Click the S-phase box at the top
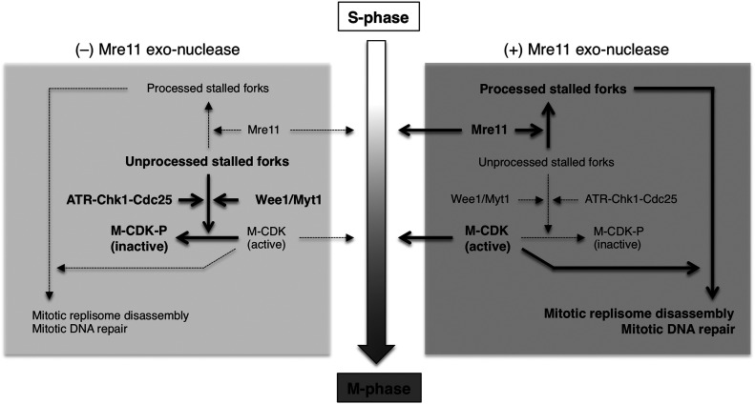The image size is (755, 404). pos(377,17)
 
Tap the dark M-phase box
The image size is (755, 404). pos(376,387)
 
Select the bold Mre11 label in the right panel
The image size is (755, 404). pos(493,127)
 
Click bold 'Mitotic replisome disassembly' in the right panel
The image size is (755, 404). pos(638,313)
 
